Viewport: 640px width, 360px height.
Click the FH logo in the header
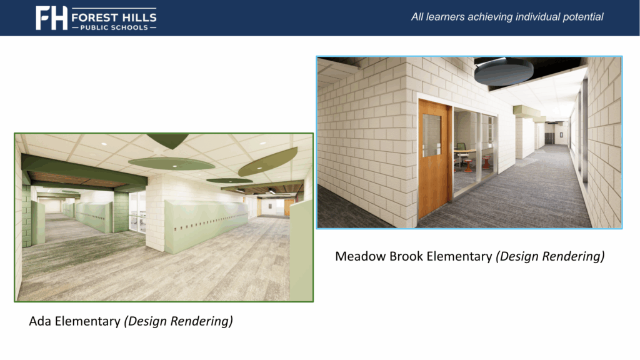pos(51,18)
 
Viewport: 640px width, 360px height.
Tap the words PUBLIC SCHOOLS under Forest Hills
pos(113,27)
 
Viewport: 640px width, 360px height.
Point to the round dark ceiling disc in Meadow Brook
pos(503,72)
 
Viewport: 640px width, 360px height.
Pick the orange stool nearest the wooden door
pos(467,164)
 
